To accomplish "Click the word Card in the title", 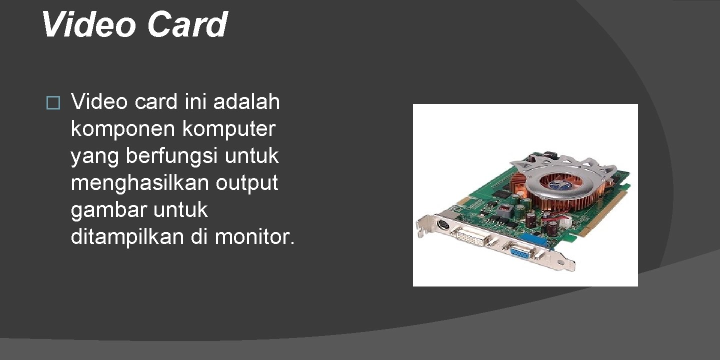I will (x=187, y=24).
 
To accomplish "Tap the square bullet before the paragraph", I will (x=52, y=103).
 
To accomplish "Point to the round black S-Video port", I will (x=442, y=225).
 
